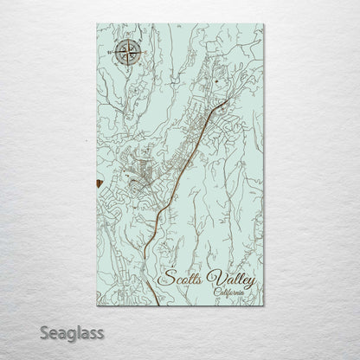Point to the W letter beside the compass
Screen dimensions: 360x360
[x=108, y=53]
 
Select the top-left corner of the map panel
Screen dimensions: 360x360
[x=91, y=24]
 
